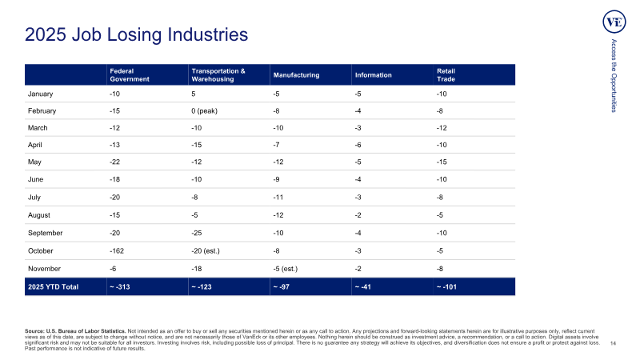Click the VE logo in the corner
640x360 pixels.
[614, 22]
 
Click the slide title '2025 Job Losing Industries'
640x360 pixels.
[136, 34]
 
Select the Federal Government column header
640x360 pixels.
[130, 74]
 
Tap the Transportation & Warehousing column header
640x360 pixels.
[218, 74]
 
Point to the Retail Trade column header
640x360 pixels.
[446, 74]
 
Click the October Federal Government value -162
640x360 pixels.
[117, 250]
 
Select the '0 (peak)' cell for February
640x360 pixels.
[204, 110]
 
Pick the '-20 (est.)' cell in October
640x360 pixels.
[206, 250]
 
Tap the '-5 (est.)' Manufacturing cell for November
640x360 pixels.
[286, 269]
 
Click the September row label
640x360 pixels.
[46, 233]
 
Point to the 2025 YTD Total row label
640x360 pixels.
[53, 286]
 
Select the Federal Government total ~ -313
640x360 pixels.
[119, 286]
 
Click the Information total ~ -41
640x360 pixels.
[363, 286]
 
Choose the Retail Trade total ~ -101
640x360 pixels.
[446, 286]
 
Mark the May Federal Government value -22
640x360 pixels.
[114, 162]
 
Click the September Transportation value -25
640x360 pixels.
[197, 233]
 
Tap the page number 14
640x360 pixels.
[613, 343]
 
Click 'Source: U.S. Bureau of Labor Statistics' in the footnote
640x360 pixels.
[75, 331]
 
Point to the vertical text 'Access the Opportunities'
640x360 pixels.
[614, 75]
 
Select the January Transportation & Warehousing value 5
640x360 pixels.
[194, 94]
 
